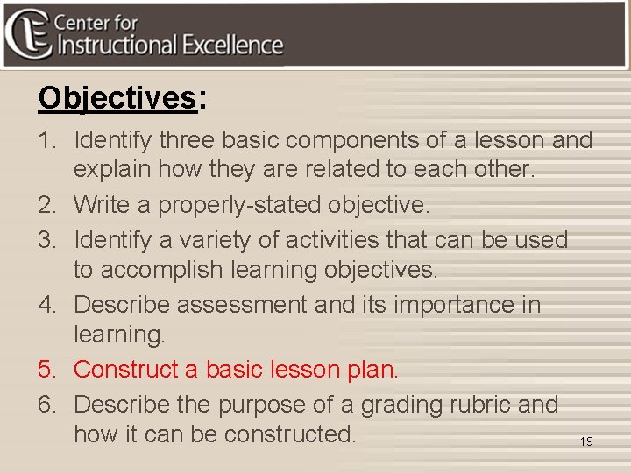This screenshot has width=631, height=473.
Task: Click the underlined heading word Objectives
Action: tap(117, 99)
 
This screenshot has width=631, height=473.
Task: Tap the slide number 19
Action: tap(586, 441)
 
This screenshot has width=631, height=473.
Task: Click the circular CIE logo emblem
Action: tap(27, 33)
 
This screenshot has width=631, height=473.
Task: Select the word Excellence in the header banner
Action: tap(232, 46)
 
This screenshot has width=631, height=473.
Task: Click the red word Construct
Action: tap(126, 370)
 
